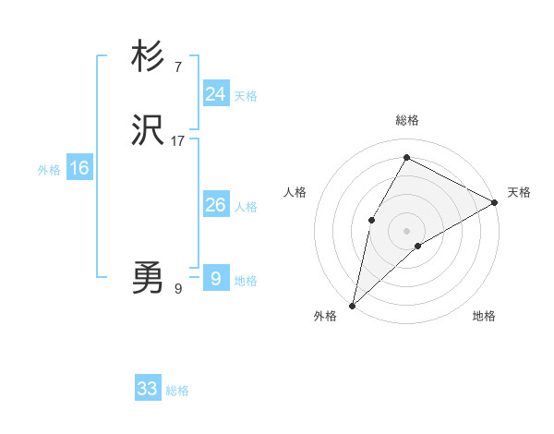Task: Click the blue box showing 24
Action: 216,93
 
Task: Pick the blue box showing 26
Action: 216,204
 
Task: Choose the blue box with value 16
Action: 79,168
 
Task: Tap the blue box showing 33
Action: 148,389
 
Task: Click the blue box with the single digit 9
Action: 216,278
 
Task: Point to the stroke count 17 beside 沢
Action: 178,141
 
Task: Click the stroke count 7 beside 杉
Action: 177,66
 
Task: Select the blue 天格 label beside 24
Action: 246,96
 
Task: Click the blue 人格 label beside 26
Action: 246,207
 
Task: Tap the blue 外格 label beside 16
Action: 48,170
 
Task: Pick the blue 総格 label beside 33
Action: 177,392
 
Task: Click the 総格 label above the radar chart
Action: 406,120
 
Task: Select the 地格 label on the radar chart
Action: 484,317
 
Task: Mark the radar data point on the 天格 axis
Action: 495,202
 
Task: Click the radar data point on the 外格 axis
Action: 352,305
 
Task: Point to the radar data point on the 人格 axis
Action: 372,220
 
